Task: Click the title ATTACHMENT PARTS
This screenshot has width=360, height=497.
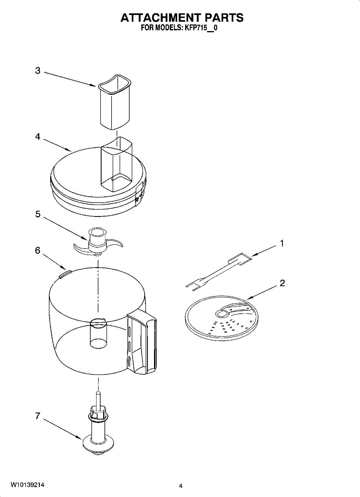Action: pos(181,17)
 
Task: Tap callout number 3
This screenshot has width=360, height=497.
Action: pos(38,71)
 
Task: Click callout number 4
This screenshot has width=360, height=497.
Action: pos(38,137)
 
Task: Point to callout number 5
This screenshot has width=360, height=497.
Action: pos(38,215)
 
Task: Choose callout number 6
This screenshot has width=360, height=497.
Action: pos(38,251)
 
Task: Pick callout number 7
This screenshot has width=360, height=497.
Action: pos(38,416)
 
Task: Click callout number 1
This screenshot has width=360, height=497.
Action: pos(282,244)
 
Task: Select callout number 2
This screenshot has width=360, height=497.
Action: pos(282,284)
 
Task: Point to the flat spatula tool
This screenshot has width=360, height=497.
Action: pos(220,271)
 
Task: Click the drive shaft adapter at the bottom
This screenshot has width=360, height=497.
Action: pos(98,431)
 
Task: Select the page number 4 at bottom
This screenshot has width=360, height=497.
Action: pos(181,486)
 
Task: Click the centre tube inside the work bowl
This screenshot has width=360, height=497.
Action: pos(98,331)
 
